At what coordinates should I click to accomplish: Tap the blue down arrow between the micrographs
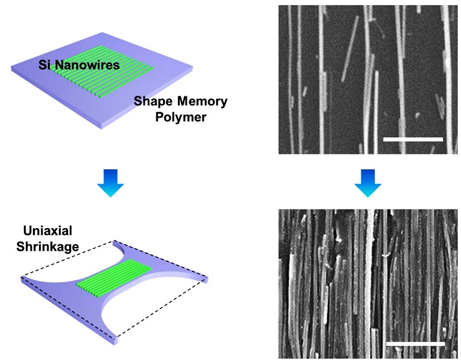(x=368, y=184)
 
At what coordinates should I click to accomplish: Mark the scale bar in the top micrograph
(x=413, y=139)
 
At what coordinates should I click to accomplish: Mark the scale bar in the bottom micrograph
(x=415, y=343)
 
